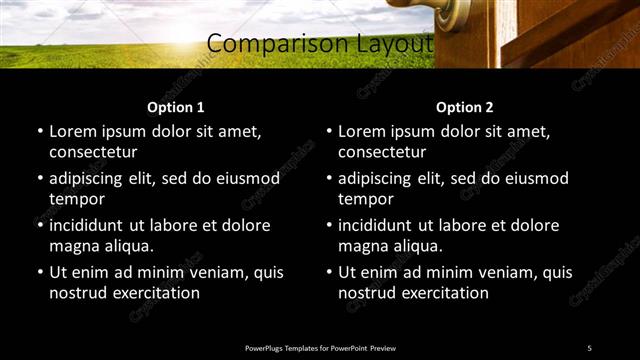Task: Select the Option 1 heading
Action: click(175, 107)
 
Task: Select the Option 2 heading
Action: click(464, 107)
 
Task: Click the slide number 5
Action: click(589, 347)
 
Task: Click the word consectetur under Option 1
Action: click(93, 152)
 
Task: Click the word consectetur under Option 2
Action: click(382, 152)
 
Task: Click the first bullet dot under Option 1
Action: click(39, 132)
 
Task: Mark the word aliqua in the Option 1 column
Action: click(128, 246)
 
